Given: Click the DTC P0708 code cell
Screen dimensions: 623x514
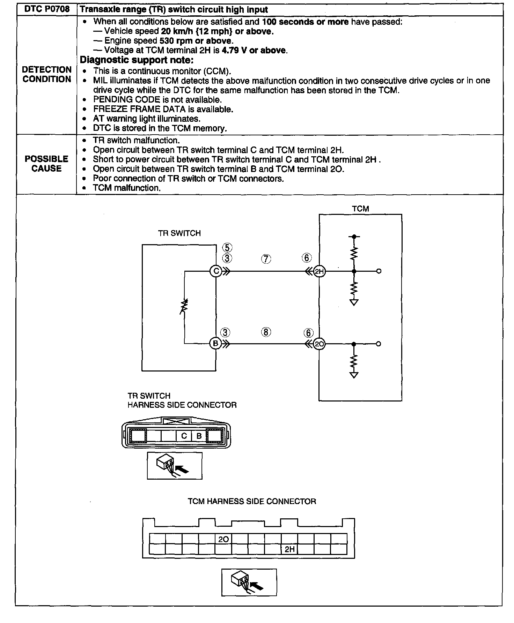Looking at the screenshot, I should (x=47, y=9).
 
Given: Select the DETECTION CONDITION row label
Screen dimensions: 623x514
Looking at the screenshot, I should (x=47, y=74).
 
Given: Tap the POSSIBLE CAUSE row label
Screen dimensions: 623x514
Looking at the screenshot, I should (x=46, y=164).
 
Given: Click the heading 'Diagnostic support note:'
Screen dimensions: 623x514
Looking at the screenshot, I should (x=137, y=60).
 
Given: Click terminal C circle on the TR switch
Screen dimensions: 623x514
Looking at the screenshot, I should (x=216, y=271).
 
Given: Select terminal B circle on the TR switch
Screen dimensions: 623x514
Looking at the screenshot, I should (x=215, y=344).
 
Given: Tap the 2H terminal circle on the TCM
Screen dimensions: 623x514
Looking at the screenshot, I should (x=319, y=271).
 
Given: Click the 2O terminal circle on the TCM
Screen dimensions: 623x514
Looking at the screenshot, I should (x=319, y=344).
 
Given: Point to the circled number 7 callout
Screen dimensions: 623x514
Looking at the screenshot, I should (x=266, y=259).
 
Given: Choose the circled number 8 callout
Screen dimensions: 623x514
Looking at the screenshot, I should (x=266, y=332).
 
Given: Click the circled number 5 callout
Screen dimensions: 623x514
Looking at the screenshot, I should (x=227, y=248).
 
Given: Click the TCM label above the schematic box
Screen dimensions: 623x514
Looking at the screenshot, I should (x=360, y=209).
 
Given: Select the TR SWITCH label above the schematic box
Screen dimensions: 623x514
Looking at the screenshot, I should (x=179, y=233).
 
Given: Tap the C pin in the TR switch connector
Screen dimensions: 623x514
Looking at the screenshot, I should (x=184, y=436).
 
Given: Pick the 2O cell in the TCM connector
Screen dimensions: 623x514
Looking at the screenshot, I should (x=223, y=539).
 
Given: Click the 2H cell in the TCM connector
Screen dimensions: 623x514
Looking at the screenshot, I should (x=289, y=549).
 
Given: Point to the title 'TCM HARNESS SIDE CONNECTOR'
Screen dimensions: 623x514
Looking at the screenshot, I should (x=252, y=501).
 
